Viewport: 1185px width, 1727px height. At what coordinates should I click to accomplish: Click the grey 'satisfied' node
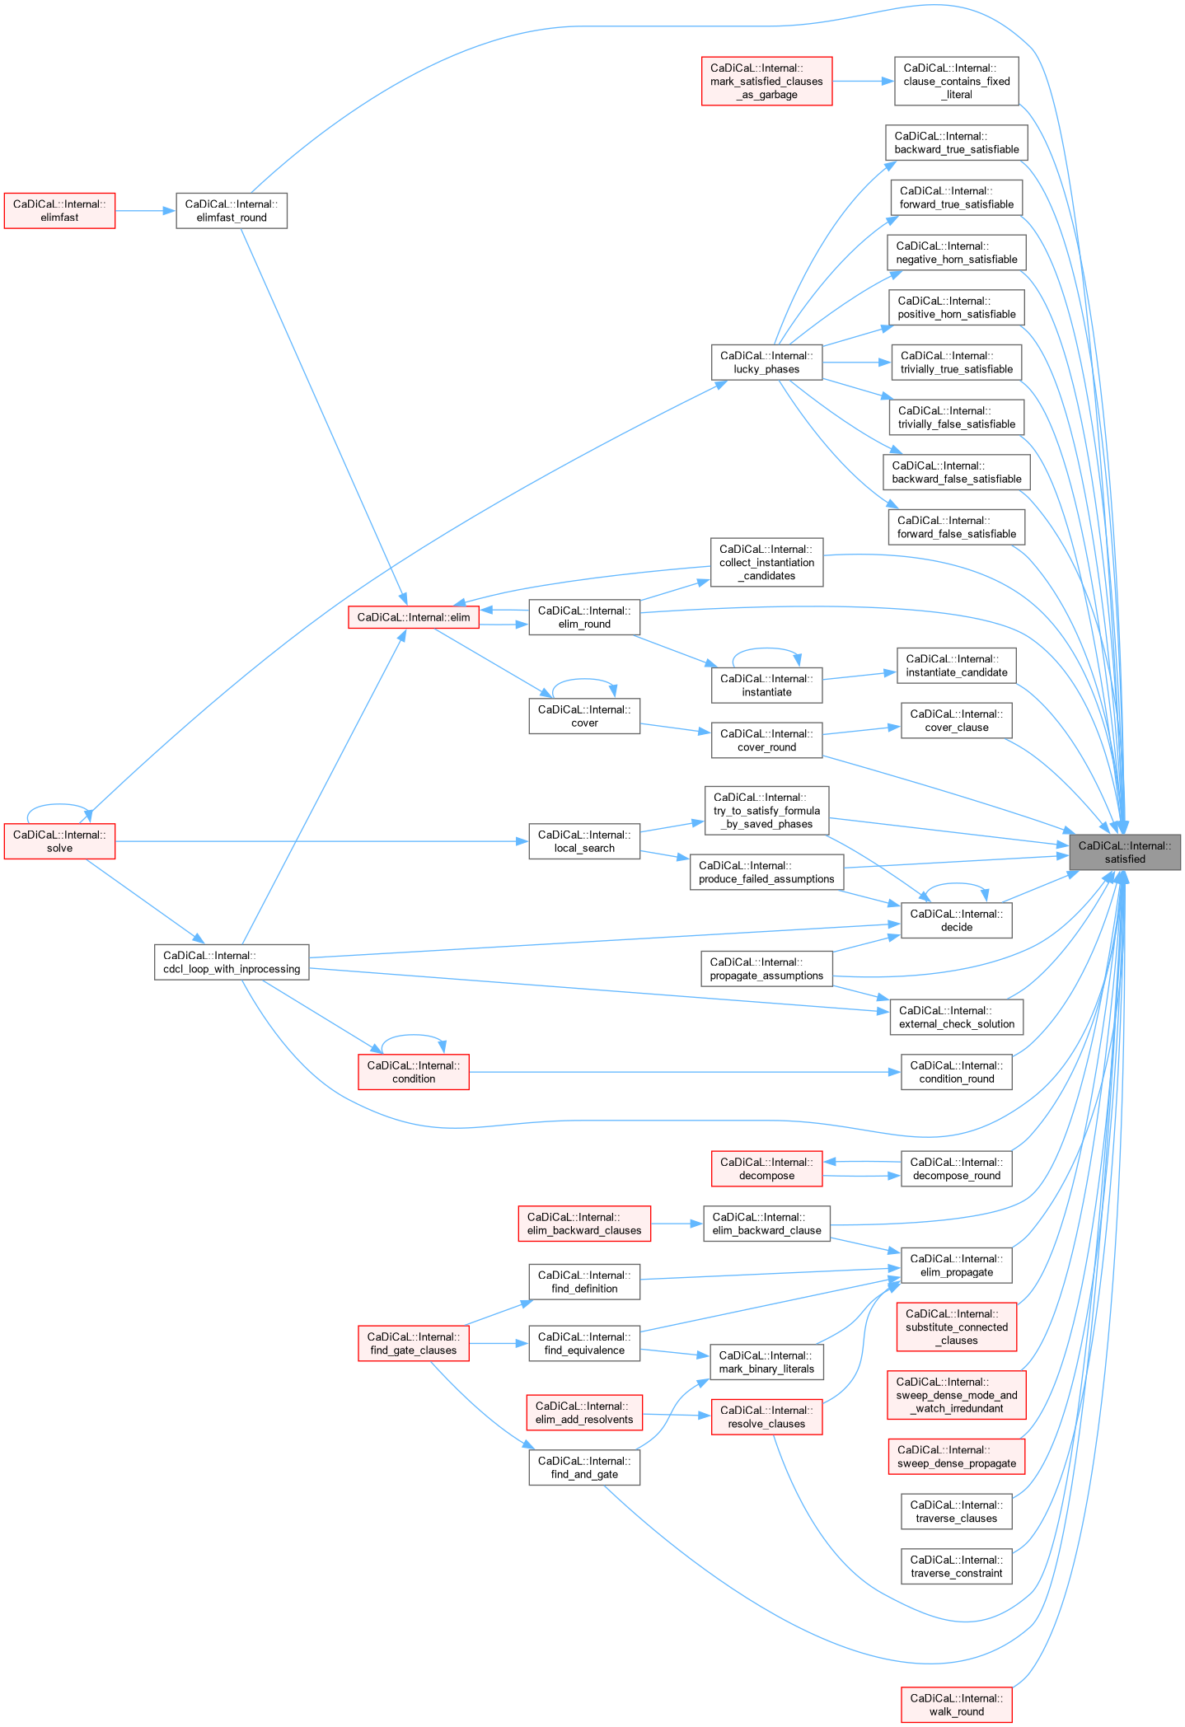pyautogui.click(x=1124, y=852)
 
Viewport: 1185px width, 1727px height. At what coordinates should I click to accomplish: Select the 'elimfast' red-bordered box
pyautogui.click(x=59, y=211)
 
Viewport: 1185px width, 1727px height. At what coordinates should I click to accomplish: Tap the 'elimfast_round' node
pyautogui.click(x=232, y=211)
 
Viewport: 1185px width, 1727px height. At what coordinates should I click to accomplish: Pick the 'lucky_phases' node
pyautogui.click(x=766, y=363)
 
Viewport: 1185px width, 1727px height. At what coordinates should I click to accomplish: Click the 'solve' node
pyautogui.click(x=59, y=841)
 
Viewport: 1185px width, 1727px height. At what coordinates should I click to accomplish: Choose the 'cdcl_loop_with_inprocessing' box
pyautogui.click(x=232, y=962)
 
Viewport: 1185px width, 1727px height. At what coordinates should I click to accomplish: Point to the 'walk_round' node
pyautogui.click(x=956, y=1705)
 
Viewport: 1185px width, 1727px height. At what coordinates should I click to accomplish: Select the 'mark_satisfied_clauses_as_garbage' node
pyautogui.click(x=766, y=82)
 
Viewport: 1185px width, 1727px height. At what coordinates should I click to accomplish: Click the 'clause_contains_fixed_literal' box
pyautogui.click(x=956, y=82)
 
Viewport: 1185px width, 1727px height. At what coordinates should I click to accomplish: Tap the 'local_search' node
pyautogui.click(x=584, y=841)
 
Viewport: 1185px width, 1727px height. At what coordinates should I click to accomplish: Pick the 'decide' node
pyautogui.click(x=956, y=920)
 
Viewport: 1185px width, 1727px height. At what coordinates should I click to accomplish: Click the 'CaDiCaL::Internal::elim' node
pyautogui.click(x=414, y=617)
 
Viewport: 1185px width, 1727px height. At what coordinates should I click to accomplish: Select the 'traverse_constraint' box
pyautogui.click(x=956, y=1566)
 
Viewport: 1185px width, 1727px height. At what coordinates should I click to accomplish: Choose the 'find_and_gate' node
pyautogui.click(x=584, y=1467)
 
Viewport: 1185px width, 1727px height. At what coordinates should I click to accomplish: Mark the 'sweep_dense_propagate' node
pyautogui.click(x=956, y=1457)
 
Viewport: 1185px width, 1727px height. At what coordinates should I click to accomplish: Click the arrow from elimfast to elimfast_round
pyautogui.click(x=145, y=211)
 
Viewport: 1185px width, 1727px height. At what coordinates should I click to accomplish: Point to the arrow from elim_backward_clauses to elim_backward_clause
pyautogui.click(x=677, y=1224)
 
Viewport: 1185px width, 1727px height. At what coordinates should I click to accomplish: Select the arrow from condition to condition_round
pyautogui.click(x=684, y=1072)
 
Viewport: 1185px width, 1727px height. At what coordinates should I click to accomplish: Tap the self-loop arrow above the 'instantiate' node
pyautogui.click(x=766, y=649)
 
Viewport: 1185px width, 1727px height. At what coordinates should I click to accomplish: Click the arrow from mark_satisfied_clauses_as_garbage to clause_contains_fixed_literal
pyautogui.click(x=863, y=82)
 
